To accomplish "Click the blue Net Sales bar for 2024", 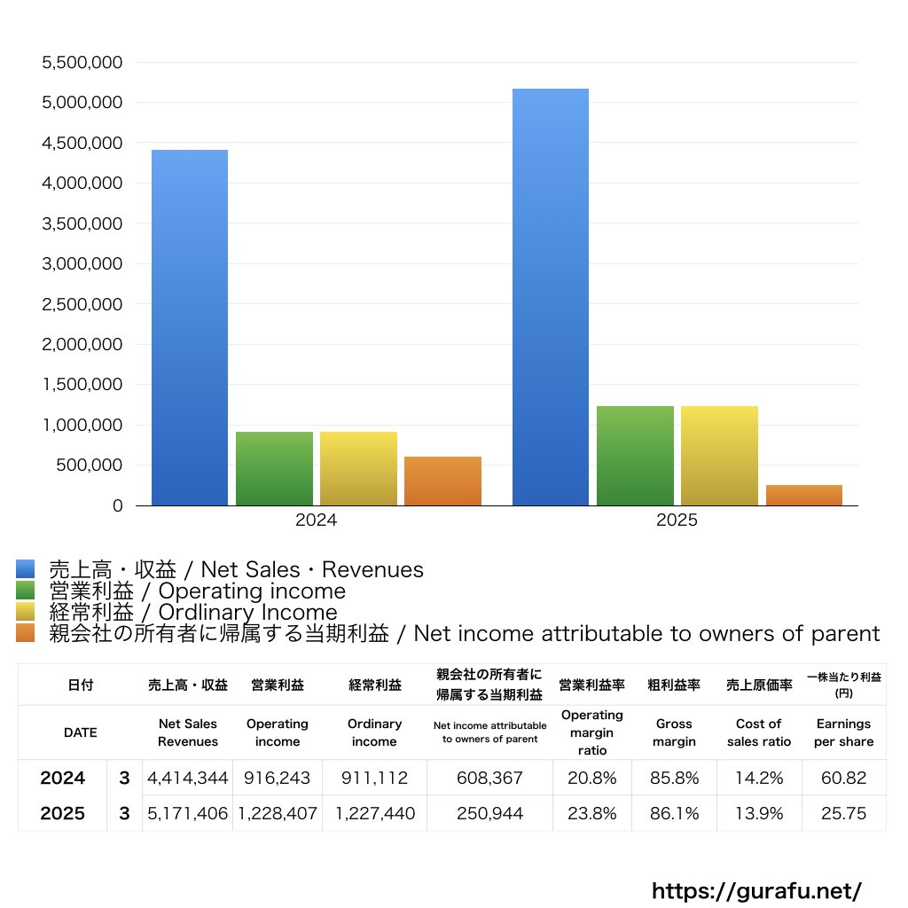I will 189,328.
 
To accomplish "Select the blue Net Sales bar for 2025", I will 551,297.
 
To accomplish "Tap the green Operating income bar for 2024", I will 274,468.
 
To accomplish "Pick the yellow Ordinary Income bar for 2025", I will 719,456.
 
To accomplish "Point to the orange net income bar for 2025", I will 803,496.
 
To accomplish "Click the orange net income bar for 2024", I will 442,481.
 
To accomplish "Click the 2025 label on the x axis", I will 677,521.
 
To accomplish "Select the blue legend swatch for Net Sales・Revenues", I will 26,569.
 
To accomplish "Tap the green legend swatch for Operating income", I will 26,591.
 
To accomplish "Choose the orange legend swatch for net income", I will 26,633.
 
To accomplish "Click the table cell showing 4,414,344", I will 188,779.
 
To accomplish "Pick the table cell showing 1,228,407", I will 277,814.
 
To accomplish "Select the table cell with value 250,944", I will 489,814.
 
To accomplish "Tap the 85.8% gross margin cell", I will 674,779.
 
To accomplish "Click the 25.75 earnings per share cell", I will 843,814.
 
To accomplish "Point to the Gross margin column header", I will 674,732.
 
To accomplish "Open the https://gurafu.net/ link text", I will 756,890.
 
